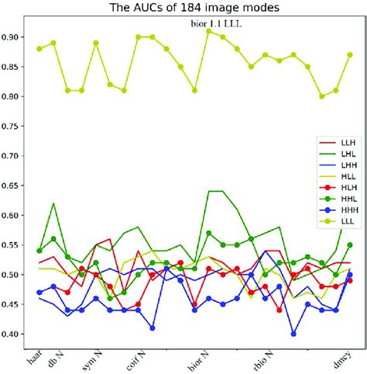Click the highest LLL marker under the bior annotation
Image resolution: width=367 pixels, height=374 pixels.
(x=209, y=31)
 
